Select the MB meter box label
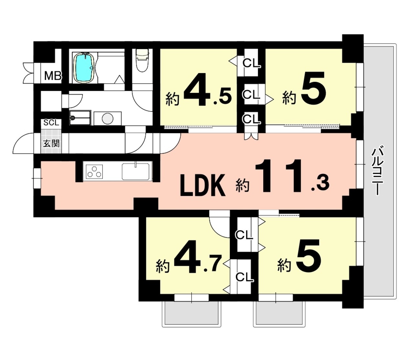click(53, 76)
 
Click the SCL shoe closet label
click(51, 122)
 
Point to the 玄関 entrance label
click(51, 143)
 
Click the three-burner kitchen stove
click(94, 172)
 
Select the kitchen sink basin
click(135, 172)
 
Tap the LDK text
click(203, 185)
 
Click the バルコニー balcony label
click(378, 170)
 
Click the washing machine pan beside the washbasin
click(80, 118)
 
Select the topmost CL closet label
click(252, 64)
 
